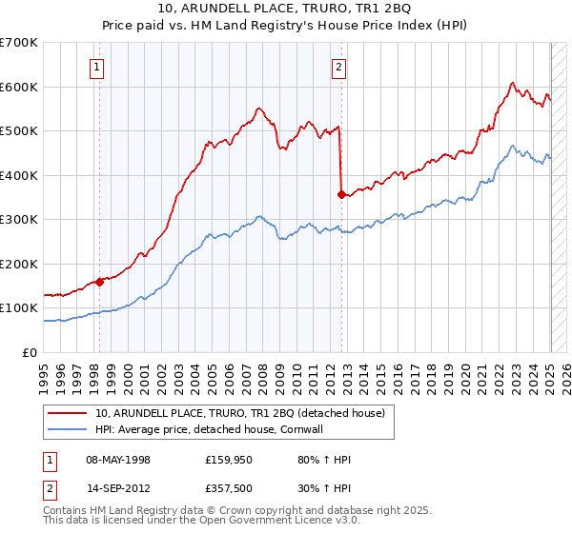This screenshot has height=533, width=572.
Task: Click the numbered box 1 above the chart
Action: click(x=98, y=67)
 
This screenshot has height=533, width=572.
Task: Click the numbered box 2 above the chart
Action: click(x=339, y=67)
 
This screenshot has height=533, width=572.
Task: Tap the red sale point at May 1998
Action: click(x=99, y=282)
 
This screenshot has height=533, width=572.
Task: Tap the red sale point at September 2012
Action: click(x=341, y=194)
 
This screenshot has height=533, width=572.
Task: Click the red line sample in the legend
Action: click(x=68, y=413)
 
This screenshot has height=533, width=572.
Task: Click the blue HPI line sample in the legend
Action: click(x=68, y=428)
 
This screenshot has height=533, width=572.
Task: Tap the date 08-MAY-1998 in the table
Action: click(x=118, y=461)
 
